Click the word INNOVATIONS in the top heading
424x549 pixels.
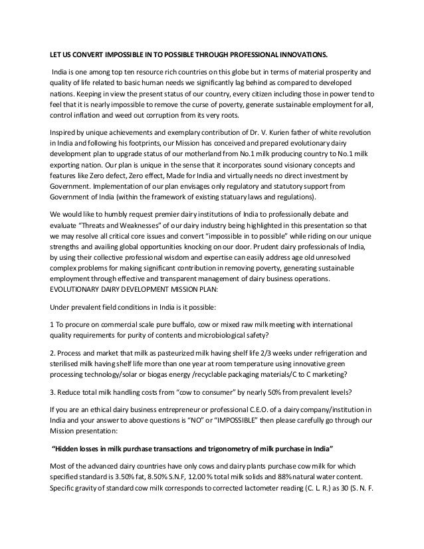pyautogui.click(x=299, y=54)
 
